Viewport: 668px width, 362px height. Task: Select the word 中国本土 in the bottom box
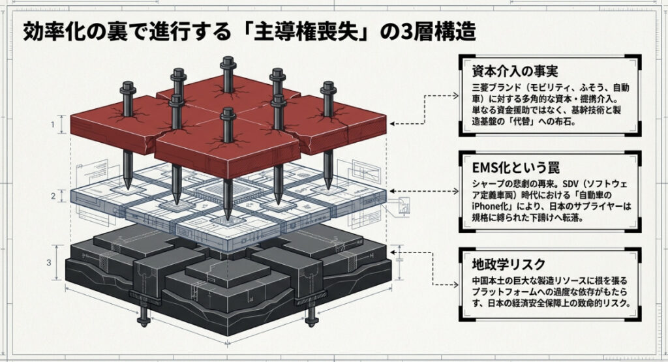490,281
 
